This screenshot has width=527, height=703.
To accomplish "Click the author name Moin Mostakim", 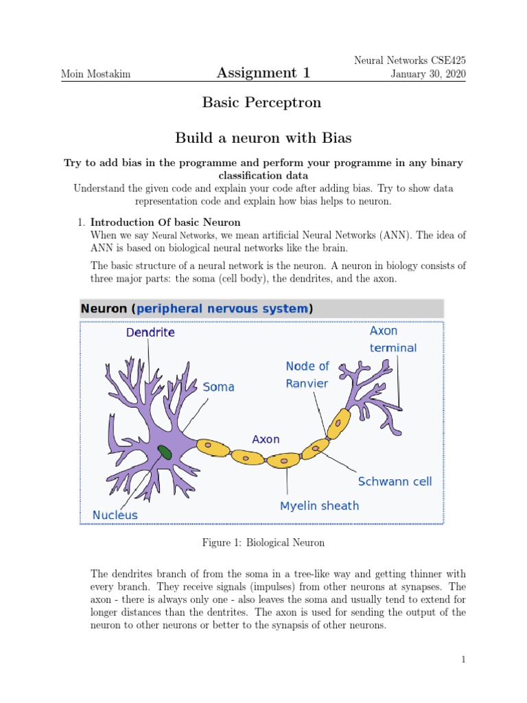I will coord(93,73).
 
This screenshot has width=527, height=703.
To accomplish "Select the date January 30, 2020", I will coord(428,73).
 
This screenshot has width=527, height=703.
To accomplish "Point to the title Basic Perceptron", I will coord(261,103).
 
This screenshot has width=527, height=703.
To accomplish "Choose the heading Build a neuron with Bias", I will coord(263,138).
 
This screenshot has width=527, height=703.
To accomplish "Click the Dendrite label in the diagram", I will coord(150,332).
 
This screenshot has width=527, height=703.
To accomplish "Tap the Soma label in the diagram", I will coord(219,387).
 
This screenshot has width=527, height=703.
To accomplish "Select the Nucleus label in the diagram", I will coord(115,515).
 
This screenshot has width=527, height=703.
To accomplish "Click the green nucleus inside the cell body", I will coord(165,452).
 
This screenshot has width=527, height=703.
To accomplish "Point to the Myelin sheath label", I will coord(319,506).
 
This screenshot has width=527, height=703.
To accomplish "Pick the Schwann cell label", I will coord(395,482).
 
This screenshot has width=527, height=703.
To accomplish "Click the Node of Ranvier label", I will coord(307,375).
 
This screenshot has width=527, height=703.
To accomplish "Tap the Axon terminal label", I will coord(393,339).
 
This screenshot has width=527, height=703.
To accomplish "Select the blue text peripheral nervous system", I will coord(222,309).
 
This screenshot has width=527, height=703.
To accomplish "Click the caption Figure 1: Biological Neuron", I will coord(263,543).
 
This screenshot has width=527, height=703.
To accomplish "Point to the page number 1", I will coord(463,660).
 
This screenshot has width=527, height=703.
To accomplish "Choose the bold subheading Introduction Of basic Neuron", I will coord(165,222).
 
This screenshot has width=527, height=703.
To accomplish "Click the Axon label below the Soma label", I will coord(266,439).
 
